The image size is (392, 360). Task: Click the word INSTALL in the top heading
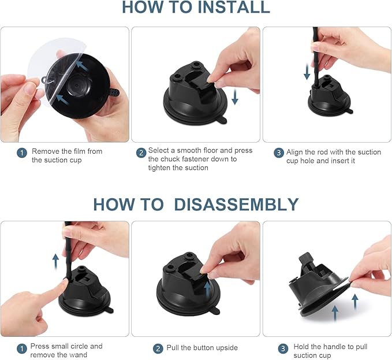coord(233,7)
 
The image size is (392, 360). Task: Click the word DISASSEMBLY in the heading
coord(236,205)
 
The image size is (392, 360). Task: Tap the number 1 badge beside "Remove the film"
coord(22,153)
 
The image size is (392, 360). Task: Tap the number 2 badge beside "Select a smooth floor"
coord(141,153)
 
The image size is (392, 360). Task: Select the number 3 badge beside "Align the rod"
coord(279,153)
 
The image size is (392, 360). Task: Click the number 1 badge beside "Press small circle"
coord(22,348)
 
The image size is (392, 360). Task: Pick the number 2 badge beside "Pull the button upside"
coord(158,348)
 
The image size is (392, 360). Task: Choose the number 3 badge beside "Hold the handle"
coord(283,348)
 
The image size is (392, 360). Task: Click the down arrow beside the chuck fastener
coord(235,97)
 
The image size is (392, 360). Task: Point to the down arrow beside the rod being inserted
coord(307,72)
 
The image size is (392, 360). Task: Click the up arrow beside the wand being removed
coord(55,261)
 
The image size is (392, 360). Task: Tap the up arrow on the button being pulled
coord(207,288)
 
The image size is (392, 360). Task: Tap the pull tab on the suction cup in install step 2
coord(222,120)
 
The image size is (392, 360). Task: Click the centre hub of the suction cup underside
coord(77,86)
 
